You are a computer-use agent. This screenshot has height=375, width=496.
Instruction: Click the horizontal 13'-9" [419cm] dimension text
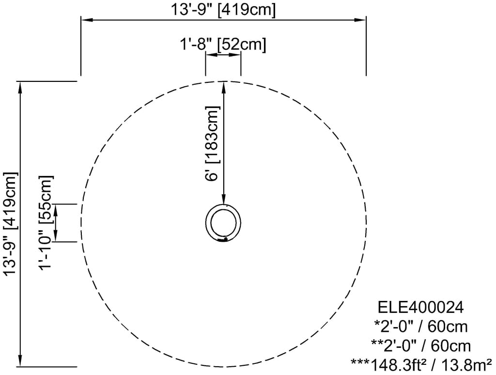pos(222,9)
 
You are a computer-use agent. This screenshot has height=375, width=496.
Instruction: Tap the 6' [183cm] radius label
pos(213,143)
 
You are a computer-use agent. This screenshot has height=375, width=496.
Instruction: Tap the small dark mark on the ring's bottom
pos(224,239)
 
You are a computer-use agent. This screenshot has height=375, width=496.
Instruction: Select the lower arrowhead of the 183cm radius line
pos(223,201)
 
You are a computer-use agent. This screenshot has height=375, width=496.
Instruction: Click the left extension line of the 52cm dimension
pos(206,65)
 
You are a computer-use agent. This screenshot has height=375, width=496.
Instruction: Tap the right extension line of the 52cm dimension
pos(241,65)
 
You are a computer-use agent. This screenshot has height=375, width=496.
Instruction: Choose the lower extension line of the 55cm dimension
pos(65,241)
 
